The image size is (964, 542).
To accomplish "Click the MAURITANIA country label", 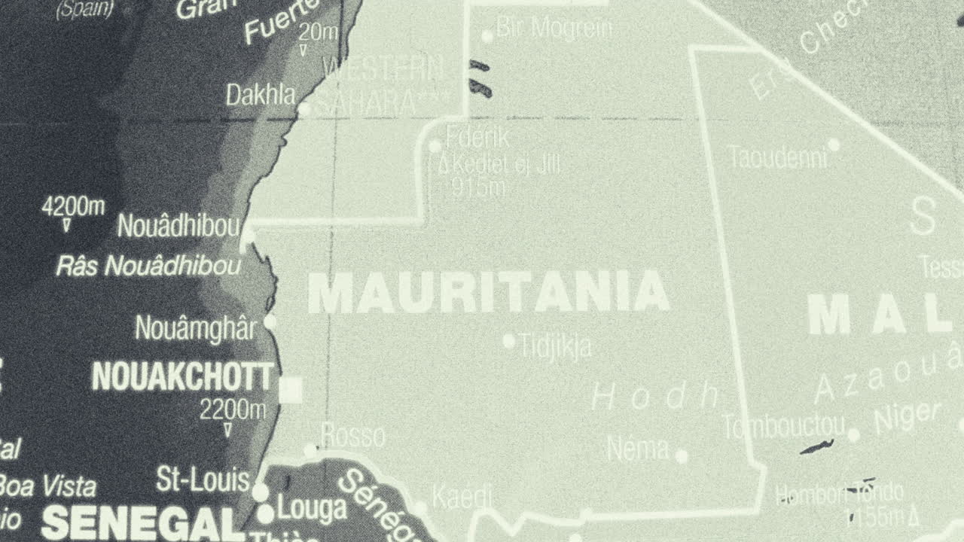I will click(x=488, y=294).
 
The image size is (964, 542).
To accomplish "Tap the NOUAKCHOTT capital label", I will click(x=182, y=377).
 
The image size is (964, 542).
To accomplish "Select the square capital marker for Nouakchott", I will click(x=291, y=390).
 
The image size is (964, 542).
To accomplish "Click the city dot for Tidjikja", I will click(x=508, y=342).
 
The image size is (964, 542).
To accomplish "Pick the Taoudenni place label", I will click(x=777, y=157).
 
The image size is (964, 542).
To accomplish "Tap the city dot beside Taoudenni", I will click(x=834, y=145).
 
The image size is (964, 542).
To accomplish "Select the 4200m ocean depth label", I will click(x=73, y=206).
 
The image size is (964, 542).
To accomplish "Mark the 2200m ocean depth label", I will click(x=233, y=410).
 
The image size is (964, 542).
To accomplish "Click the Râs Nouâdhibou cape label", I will click(x=149, y=266).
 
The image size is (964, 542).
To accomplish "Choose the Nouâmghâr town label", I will click(x=195, y=328).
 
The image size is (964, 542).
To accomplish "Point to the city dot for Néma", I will click(x=682, y=456).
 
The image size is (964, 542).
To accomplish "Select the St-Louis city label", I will click(x=202, y=480).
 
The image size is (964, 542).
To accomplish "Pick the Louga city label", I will click(x=312, y=510).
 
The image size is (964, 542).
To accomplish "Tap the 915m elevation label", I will click(x=479, y=187).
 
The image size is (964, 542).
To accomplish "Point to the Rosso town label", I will click(x=352, y=436).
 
